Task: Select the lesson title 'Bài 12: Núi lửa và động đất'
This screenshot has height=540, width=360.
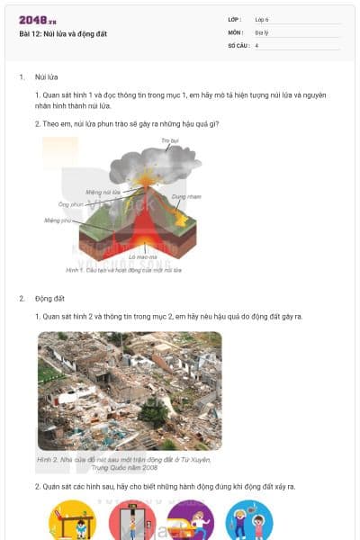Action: [x=63, y=34]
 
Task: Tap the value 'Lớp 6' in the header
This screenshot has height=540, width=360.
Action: [x=262, y=19]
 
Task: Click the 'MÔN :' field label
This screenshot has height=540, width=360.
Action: [x=235, y=31]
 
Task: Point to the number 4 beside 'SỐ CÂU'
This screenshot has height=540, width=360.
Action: [x=256, y=44]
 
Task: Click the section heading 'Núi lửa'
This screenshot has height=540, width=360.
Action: [x=46, y=77]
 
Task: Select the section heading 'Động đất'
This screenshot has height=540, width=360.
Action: [x=49, y=298]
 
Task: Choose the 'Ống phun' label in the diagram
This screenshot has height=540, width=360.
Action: [x=70, y=204]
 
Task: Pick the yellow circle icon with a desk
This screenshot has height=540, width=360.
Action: [x=72, y=520]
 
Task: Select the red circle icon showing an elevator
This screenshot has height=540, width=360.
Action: [x=131, y=520]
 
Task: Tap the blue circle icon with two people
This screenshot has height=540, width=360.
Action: [x=248, y=520]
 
